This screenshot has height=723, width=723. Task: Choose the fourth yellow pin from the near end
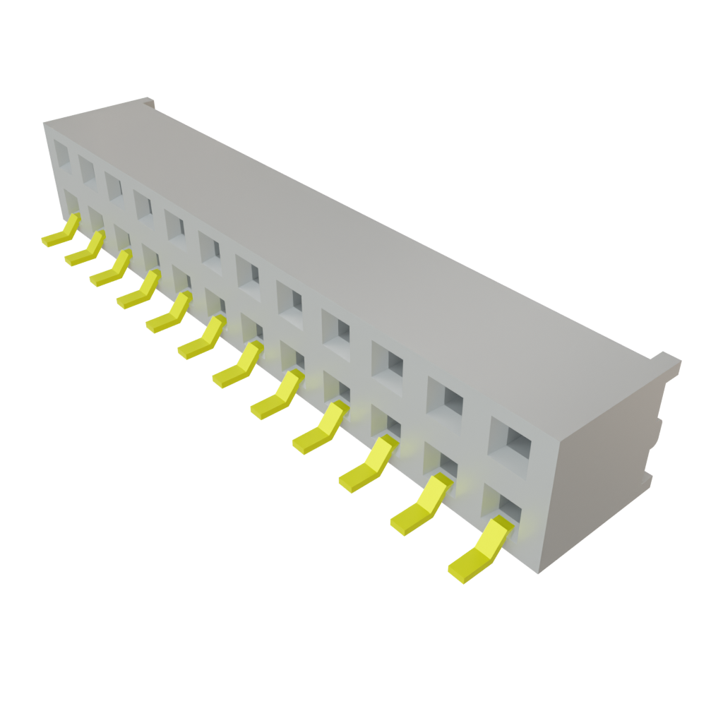318,430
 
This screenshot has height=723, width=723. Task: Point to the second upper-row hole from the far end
87,169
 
